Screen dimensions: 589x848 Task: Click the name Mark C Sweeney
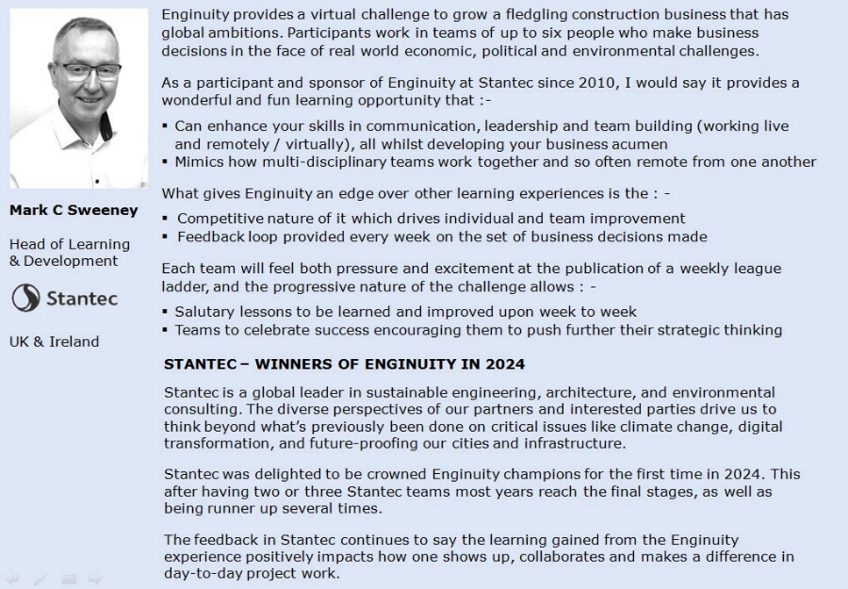(x=73, y=210)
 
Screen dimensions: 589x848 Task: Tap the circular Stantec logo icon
(x=25, y=299)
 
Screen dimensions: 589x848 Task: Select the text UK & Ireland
(x=54, y=341)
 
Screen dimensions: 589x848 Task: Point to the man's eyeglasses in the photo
(x=86, y=71)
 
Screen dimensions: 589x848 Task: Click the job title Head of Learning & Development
(x=70, y=252)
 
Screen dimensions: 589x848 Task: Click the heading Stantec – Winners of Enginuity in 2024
(x=344, y=364)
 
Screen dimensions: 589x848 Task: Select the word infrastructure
(x=574, y=443)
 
